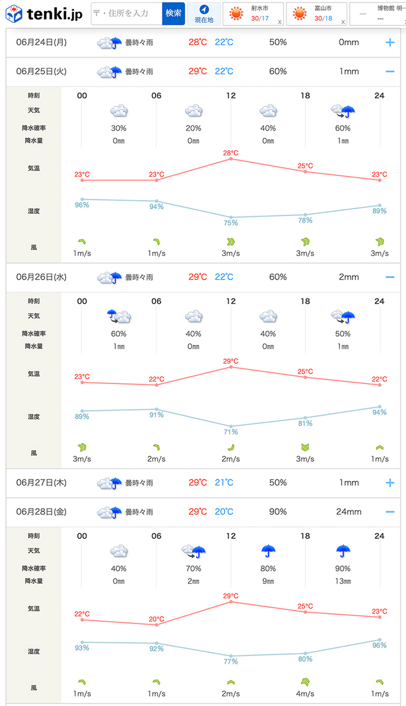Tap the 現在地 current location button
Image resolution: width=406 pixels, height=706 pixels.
tap(204, 14)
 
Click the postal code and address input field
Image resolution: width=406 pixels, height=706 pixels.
tap(126, 14)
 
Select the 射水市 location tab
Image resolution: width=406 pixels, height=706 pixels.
tap(254, 14)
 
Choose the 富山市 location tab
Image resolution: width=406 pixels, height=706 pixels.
tap(317, 14)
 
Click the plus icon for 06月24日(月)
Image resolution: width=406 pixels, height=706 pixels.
tap(390, 42)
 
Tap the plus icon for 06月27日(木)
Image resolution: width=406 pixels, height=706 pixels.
tap(390, 482)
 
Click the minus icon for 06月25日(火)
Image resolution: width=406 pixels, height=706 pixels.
tap(390, 72)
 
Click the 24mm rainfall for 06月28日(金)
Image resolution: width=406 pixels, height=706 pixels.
tap(348, 512)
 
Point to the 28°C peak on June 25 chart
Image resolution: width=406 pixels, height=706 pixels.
tap(231, 154)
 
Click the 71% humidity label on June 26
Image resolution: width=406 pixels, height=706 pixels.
tap(231, 432)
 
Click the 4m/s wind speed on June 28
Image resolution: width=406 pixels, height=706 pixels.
tap(305, 694)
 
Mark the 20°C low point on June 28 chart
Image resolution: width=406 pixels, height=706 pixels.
tap(157, 619)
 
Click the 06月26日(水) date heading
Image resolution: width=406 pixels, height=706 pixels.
tap(41, 277)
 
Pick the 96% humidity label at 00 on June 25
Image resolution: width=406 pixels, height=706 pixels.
tap(82, 205)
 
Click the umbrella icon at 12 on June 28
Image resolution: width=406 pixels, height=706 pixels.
tap(269, 551)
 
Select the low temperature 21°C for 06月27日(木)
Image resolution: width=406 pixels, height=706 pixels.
tap(224, 482)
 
